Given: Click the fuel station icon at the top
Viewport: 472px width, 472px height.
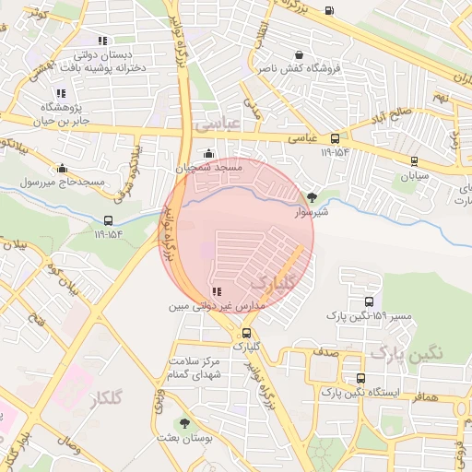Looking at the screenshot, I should pyautogui.click(x=330, y=11).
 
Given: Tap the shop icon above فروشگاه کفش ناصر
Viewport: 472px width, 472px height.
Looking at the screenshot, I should pyautogui.click(x=335, y=53).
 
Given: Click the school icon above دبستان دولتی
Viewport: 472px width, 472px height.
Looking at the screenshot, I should pyautogui.click(x=101, y=41).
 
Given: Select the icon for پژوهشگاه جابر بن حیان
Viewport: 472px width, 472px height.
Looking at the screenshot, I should pyautogui.click(x=61, y=93).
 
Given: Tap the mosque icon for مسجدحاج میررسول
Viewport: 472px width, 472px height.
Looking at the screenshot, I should pyautogui.click(x=62, y=168).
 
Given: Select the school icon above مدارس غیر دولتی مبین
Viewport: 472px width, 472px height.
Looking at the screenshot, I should pyautogui.click(x=217, y=291).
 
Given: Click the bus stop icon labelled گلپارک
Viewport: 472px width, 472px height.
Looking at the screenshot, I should pyautogui.click(x=246, y=333).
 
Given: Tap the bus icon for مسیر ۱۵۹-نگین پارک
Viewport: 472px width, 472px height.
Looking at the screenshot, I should pyautogui.click(x=369, y=301).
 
